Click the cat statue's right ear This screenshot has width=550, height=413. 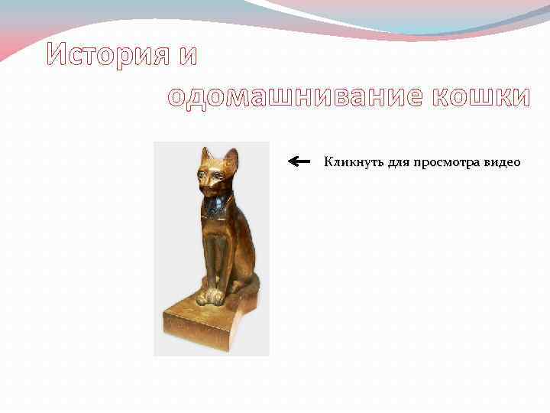click(230, 159)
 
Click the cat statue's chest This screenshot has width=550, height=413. click(218, 229)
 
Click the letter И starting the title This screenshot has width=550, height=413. click(58, 54)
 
